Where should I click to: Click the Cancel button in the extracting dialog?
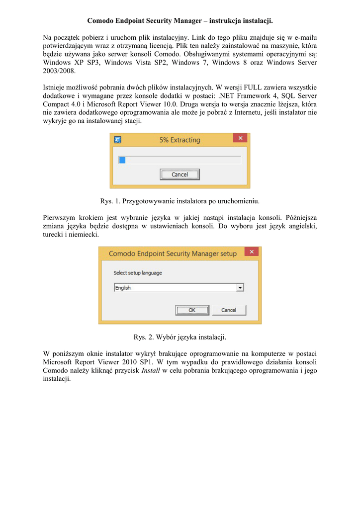coord(180,174)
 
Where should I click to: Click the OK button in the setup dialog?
coord(191,310)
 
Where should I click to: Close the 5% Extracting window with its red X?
coord(241,138)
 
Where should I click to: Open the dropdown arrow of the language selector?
coord(240,288)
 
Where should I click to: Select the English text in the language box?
coord(123,288)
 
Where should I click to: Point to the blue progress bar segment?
coord(122,160)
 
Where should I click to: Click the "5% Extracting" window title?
coord(180,140)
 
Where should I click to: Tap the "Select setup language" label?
coord(138,273)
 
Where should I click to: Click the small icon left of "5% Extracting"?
coord(118,140)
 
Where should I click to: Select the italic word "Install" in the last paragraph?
coord(151,370)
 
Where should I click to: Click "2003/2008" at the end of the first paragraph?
coord(59,71)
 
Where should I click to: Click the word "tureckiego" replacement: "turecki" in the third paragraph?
coord(54,235)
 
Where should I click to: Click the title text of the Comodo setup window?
coord(173,254)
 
